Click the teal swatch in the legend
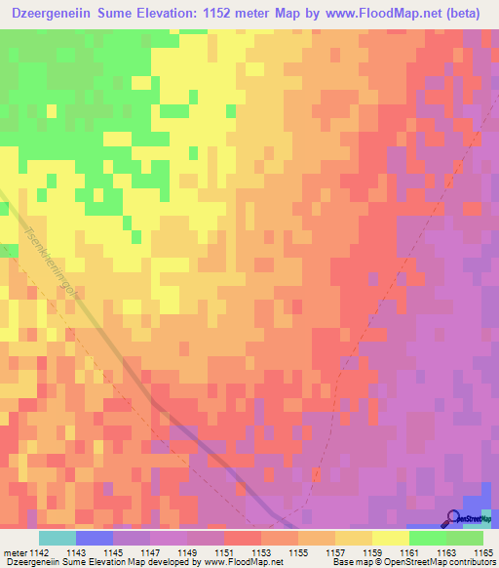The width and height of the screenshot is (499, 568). pos(58,538)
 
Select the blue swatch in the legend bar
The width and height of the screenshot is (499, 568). pos(95,538)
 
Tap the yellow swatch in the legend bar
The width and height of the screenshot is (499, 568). pos(391,538)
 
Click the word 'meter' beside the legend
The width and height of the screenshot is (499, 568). pos(15,552)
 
